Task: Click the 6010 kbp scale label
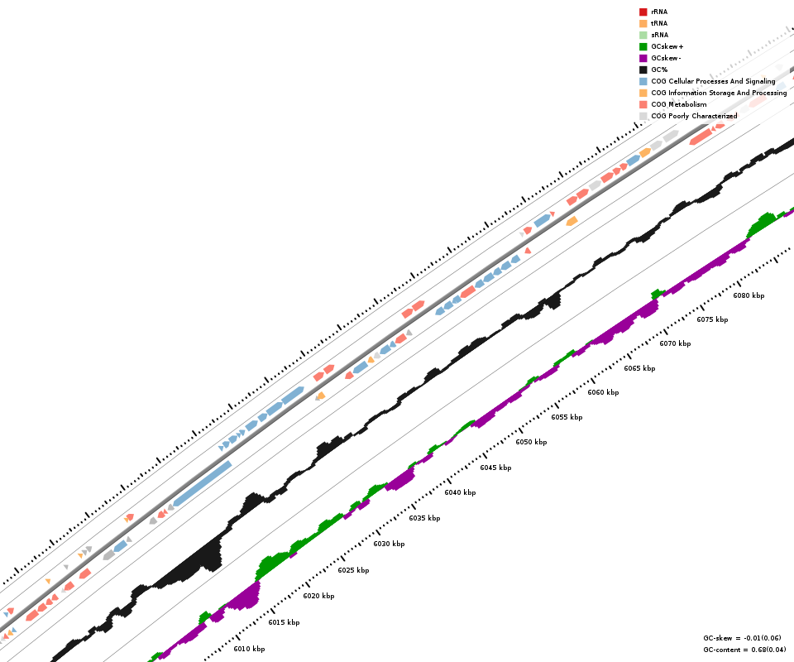point(249,649)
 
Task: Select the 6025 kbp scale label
point(353,570)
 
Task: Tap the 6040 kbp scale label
point(460,492)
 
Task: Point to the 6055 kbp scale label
point(567,417)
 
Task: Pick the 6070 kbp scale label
point(675,343)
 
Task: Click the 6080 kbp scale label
point(749,295)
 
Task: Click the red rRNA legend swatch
point(643,12)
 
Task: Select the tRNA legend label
point(659,23)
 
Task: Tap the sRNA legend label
point(659,35)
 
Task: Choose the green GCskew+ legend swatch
point(643,46)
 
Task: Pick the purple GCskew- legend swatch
point(643,58)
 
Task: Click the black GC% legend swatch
point(643,70)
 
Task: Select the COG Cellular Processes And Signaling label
point(713,81)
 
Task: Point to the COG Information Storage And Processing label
point(719,93)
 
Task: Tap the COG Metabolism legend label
point(679,104)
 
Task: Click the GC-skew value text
point(742,638)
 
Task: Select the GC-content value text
point(740,650)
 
